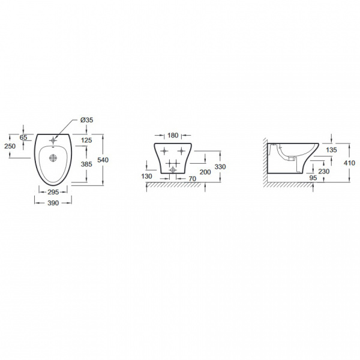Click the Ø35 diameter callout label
[x=87, y=120]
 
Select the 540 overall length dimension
[x=103, y=160]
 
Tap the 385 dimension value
[x=86, y=164]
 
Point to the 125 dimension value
[x=86, y=140]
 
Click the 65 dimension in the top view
[x=23, y=137]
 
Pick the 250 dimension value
[x=10, y=146]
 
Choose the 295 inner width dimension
[x=53, y=192]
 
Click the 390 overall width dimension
[x=53, y=203]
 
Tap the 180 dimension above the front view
[x=173, y=136]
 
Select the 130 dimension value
[x=146, y=176]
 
